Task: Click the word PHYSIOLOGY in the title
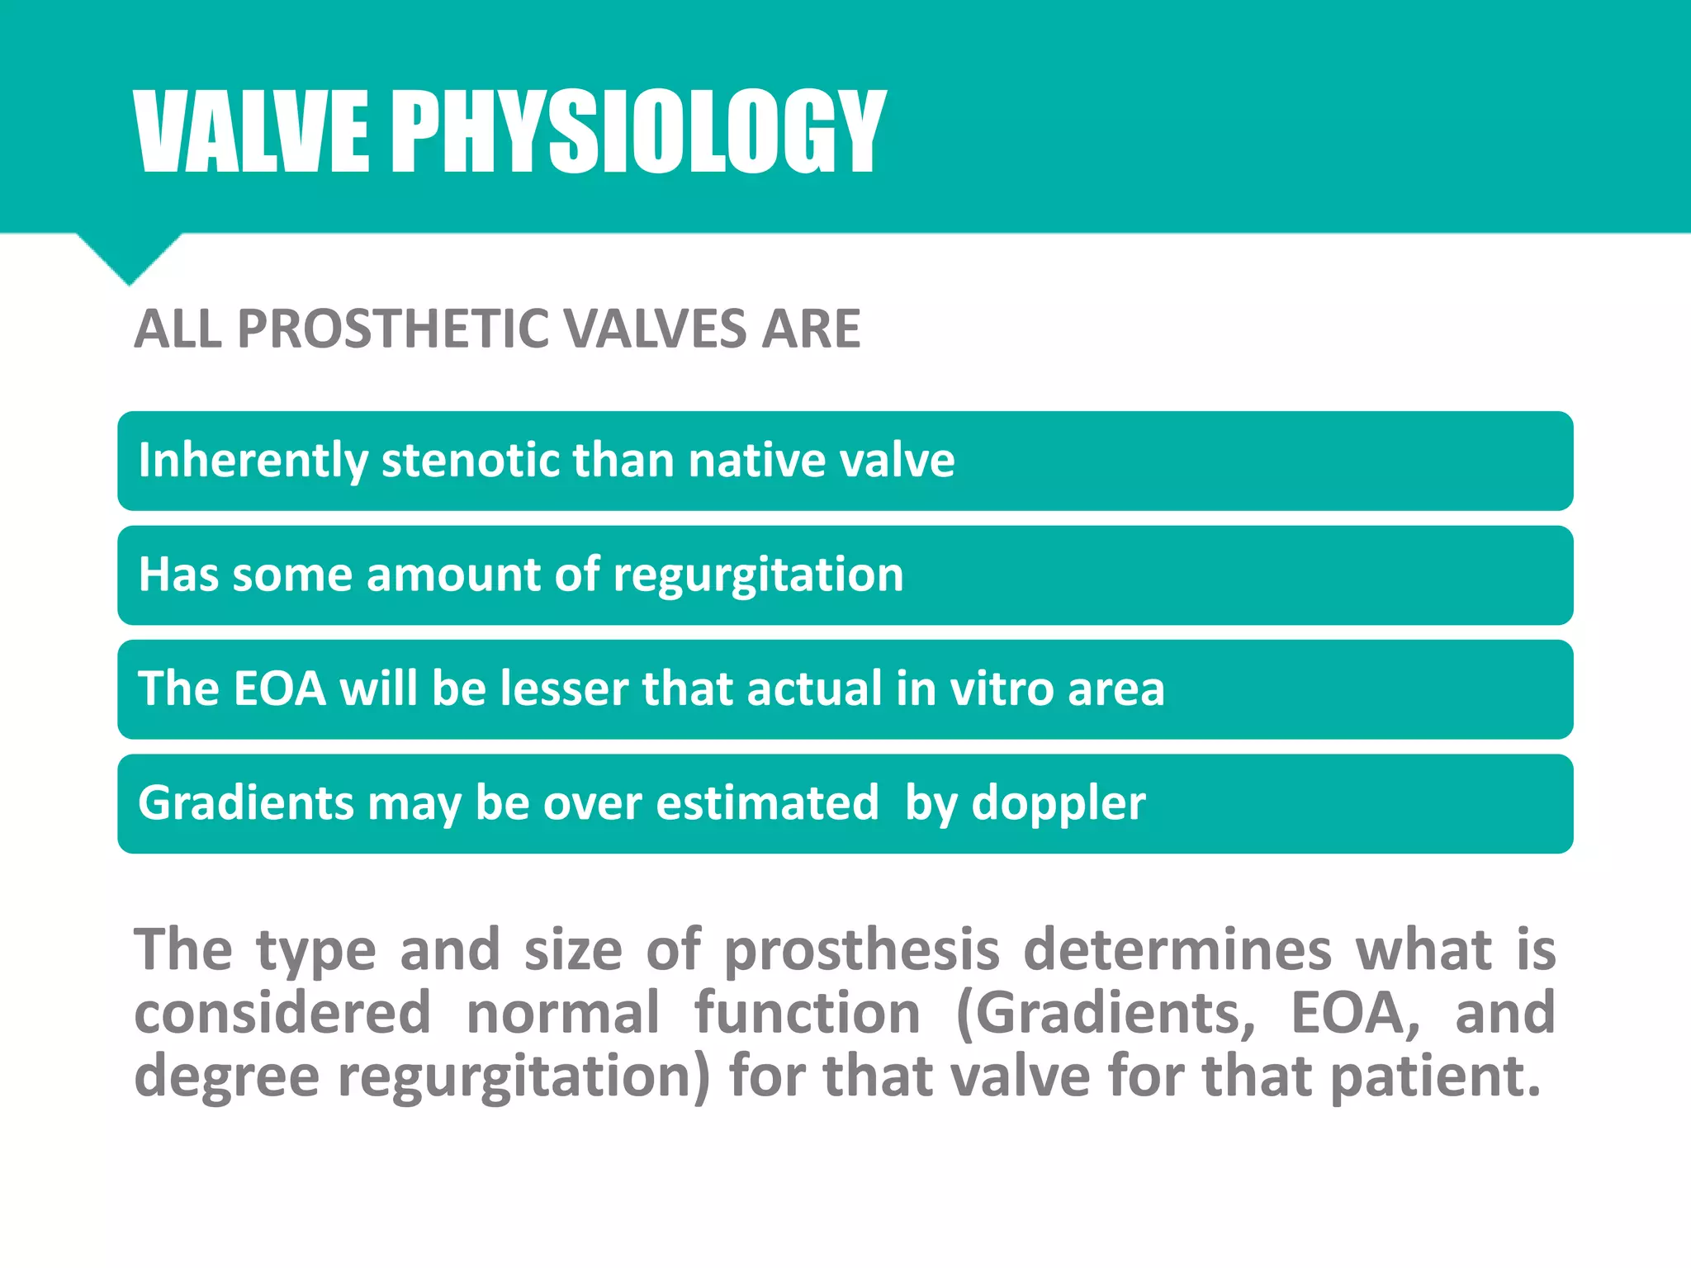click(637, 132)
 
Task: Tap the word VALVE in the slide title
click(252, 132)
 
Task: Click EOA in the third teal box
click(280, 688)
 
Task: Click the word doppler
click(1059, 803)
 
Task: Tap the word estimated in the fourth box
click(767, 802)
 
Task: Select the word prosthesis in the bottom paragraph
click(862, 949)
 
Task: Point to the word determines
click(1177, 949)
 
